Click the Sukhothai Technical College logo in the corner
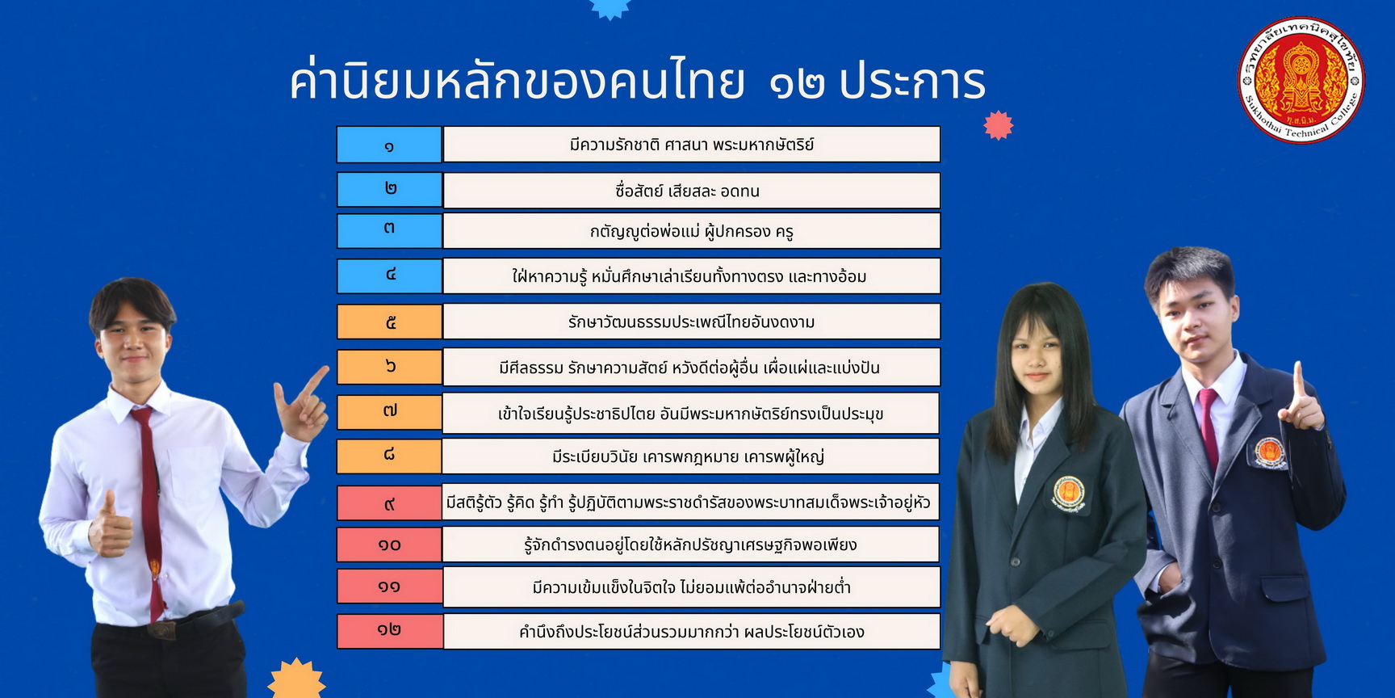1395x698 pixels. (x=1301, y=80)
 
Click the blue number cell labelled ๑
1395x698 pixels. (x=389, y=145)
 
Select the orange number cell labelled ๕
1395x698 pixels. (x=389, y=322)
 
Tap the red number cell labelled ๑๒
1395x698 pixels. (x=389, y=631)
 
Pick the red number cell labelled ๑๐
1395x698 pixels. (x=389, y=545)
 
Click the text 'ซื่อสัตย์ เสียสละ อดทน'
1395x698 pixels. (x=688, y=191)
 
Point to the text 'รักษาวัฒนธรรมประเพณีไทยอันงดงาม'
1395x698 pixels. (x=691, y=322)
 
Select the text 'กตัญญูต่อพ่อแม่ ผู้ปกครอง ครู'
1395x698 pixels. (x=692, y=232)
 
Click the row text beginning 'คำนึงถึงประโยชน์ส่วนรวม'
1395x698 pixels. (x=692, y=632)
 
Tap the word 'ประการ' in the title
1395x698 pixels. (x=912, y=82)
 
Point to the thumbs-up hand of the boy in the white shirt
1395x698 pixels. (x=109, y=525)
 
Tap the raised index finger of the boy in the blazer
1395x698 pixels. (x=1299, y=380)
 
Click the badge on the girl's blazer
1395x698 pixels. (x=1069, y=493)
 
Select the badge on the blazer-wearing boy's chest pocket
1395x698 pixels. (x=1269, y=452)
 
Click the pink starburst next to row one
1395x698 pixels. (x=999, y=125)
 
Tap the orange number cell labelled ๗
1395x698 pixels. (x=389, y=412)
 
